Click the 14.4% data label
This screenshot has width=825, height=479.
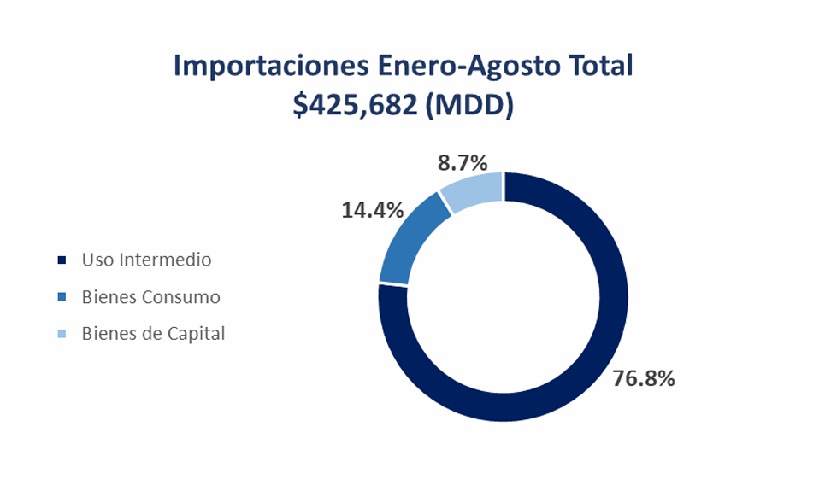point(372,209)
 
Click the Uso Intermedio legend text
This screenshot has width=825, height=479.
point(146,259)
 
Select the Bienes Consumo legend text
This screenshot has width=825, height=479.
point(150,297)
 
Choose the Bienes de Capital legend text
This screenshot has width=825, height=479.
point(153,334)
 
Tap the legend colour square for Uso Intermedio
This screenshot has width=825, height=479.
point(61,260)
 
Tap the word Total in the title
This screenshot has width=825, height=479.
point(602,67)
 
